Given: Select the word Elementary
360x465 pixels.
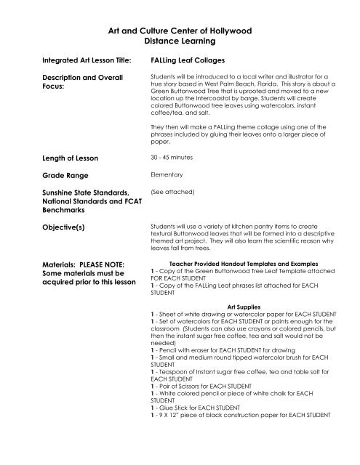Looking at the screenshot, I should [166, 175].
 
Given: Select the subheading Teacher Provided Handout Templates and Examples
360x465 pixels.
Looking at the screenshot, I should [242, 264].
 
